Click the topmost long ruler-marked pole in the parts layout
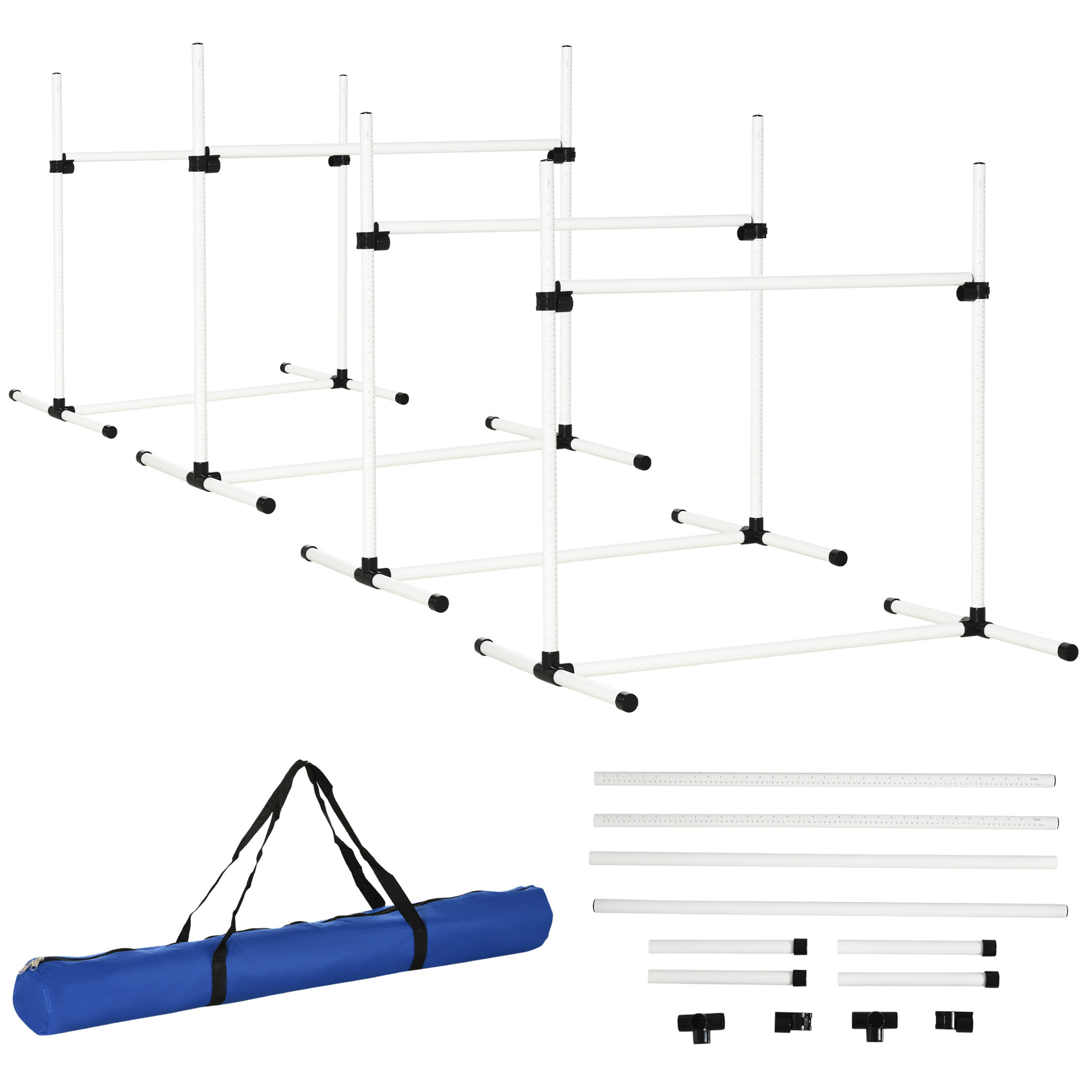click(x=824, y=780)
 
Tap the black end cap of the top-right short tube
click(x=989, y=947)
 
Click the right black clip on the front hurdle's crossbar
click(x=972, y=291)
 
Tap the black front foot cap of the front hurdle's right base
click(x=1067, y=652)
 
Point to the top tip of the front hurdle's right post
click(x=979, y=165)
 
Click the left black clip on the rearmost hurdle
click(x=61, y=166)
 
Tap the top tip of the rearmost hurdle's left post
click(x=57, y=76)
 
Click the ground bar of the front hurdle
click(x=765, y=652)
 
